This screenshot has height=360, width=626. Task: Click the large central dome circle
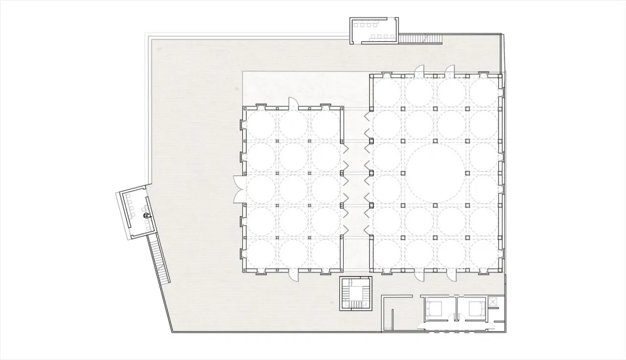coord(437,172)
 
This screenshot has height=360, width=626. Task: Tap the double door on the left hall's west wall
coord(238,189)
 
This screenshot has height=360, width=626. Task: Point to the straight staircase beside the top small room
coord(421,39)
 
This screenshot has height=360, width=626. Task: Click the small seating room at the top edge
coord(374,31)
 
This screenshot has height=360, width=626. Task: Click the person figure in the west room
coord(145,216)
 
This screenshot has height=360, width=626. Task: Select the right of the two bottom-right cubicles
coord(471,309)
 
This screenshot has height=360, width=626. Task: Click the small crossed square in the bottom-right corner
coord(494,302)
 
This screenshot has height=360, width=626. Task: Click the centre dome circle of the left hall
coord(294,189)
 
